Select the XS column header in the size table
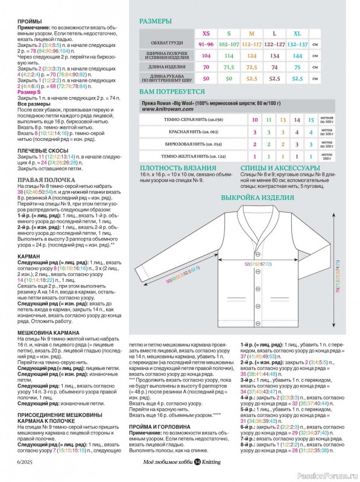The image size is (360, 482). tap(206, 33)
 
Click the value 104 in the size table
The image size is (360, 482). tap(206, 55)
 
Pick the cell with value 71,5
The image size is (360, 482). tap(229, 67)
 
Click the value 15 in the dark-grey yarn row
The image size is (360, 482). tap(294, 120)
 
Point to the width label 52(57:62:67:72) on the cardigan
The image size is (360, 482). tap(257, 263)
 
